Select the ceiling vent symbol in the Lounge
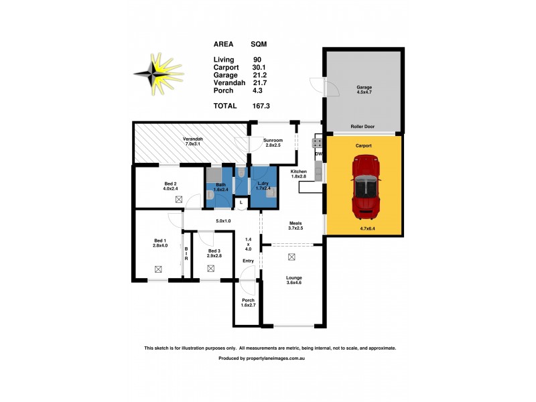pos(291,257)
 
